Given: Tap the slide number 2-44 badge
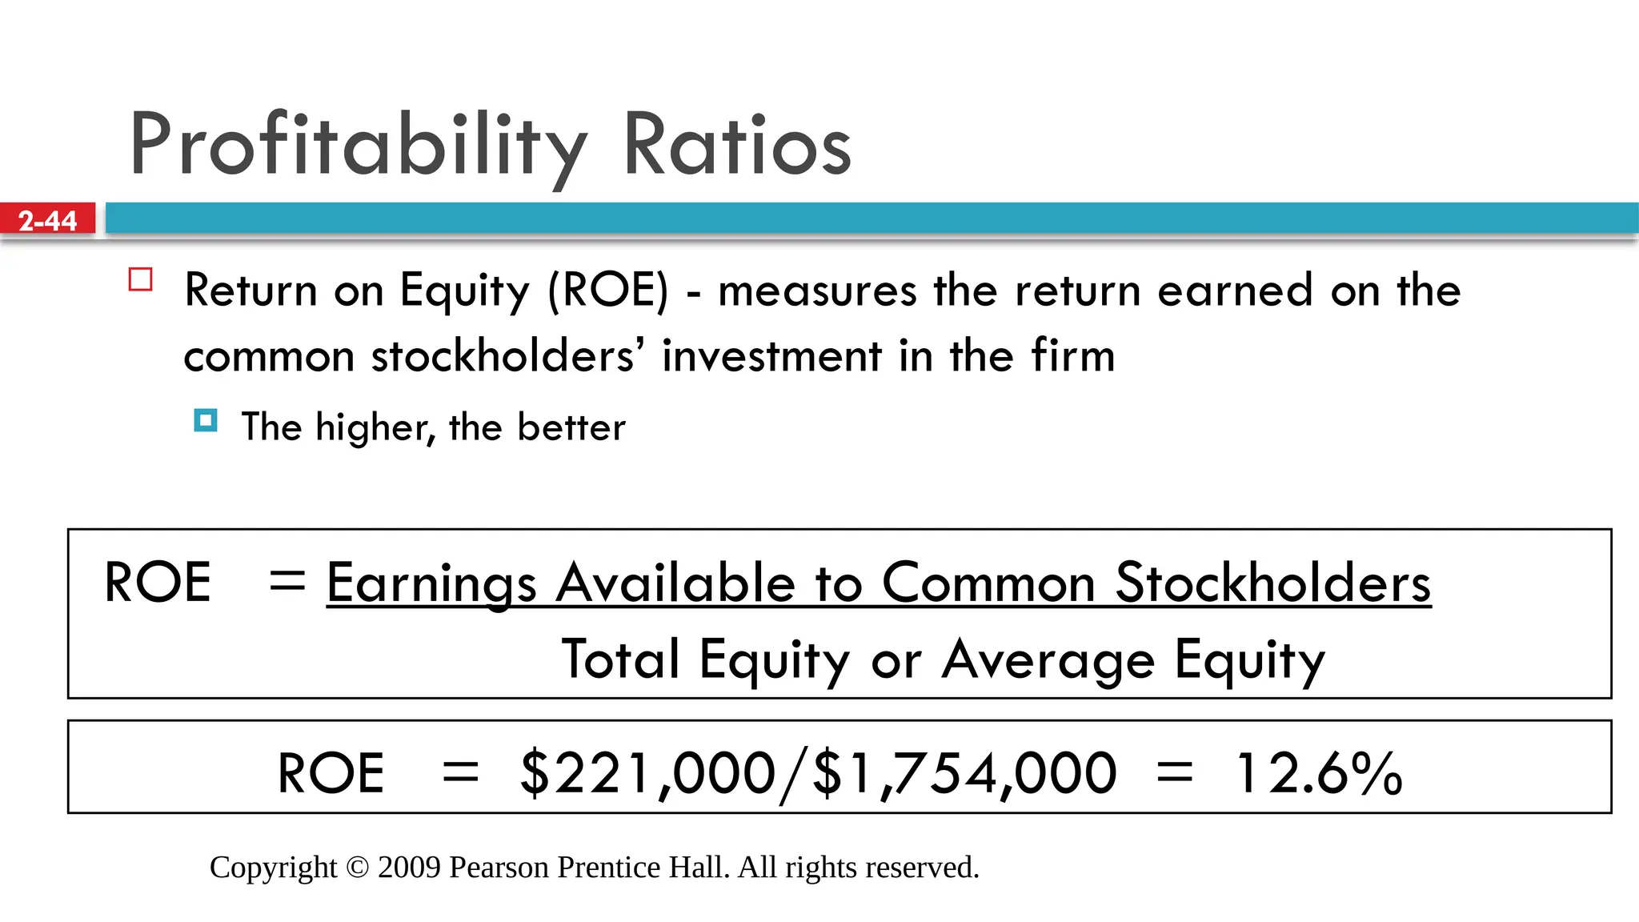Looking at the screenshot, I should (x=47, y=220).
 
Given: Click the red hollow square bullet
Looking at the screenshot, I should (x=141, y=280).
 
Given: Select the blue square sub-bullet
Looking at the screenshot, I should (x=206, y=420).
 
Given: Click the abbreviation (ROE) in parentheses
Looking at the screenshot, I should (x=607, y=290).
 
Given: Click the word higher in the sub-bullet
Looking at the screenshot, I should (x=374, y=427).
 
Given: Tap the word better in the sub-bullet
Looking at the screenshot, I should (x=571, y=427).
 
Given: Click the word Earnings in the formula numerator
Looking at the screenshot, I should (x=431, y=583).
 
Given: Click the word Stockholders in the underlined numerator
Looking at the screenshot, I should (x=1272, y=583).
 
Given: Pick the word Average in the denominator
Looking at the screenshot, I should (x=1048, y=660).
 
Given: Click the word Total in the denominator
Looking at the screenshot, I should (x=621, y=660).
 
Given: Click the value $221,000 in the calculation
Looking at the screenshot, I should (x=647, y=773).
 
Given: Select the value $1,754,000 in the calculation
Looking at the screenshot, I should (x=964, y=773).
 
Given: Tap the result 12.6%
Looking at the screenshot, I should (x=1318, y=773).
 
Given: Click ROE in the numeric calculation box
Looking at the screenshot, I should (x=331, y=773).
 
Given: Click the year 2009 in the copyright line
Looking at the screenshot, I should (x=409, y=868).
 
